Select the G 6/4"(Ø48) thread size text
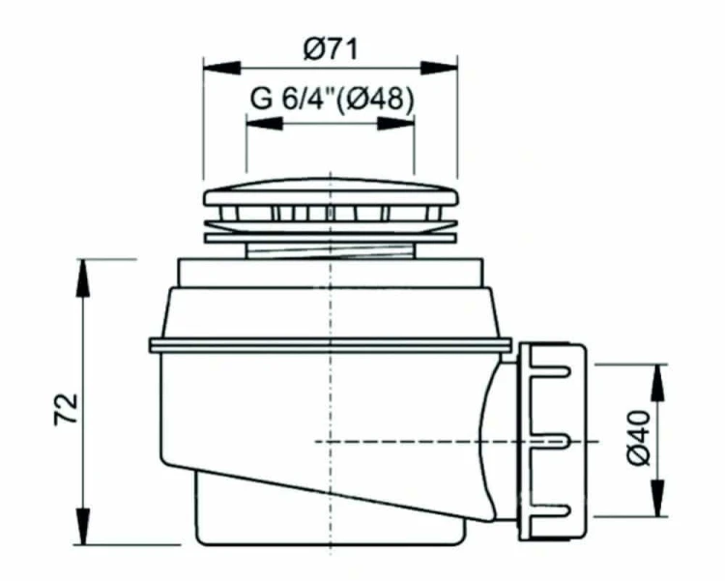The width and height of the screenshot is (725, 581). coord(332,100)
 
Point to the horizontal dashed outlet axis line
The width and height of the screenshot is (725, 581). coord(425,441)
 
